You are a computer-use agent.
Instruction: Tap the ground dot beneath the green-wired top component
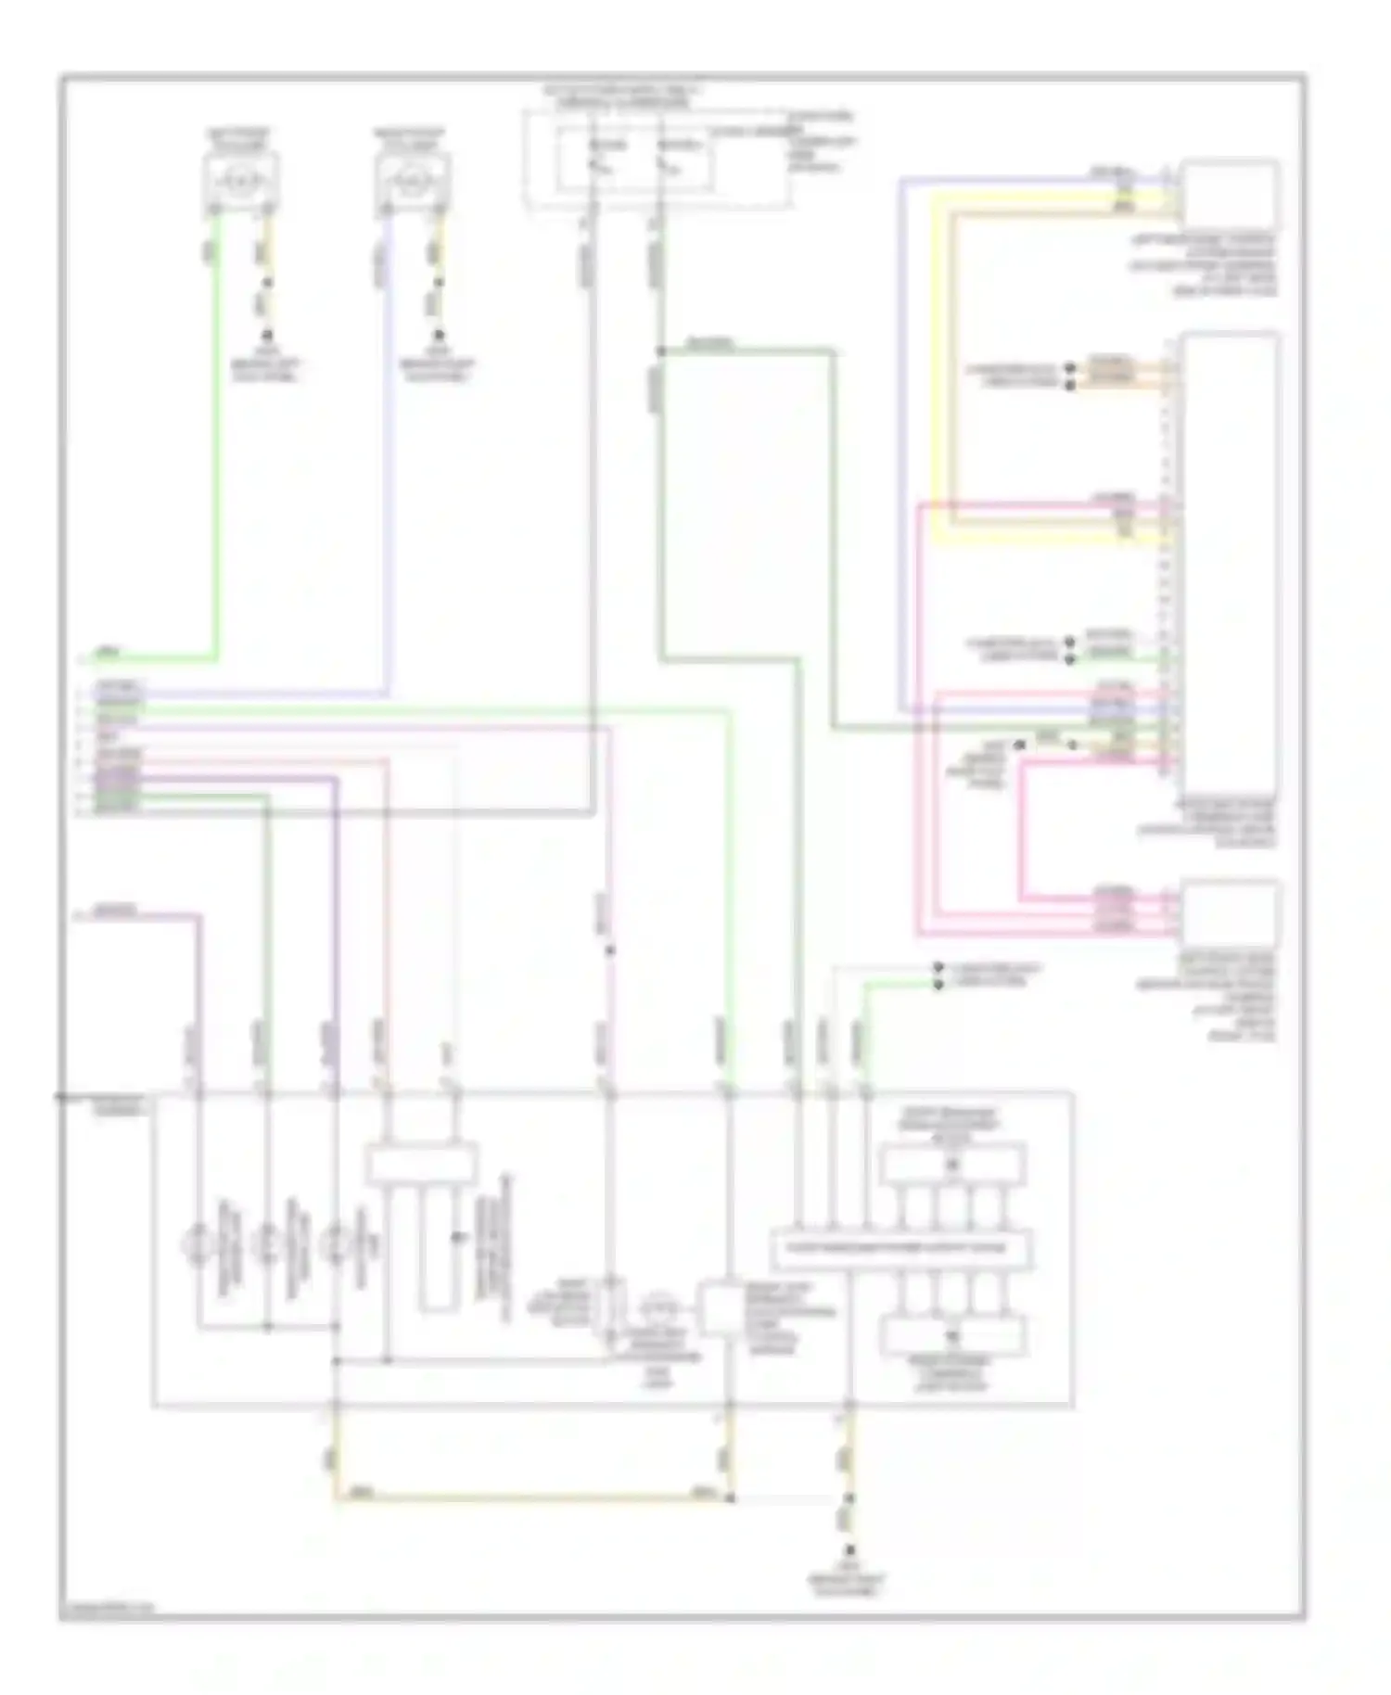[x=267, y=334]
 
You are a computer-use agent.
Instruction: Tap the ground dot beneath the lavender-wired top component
[x=439, y=334]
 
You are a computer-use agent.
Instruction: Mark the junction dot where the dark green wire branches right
[x=660, y=351]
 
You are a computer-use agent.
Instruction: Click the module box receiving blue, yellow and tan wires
[x=1229, y=195]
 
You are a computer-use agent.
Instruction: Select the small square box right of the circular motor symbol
[x=719, y=1309]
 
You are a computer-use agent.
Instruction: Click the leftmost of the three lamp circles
[x=198, y=1243]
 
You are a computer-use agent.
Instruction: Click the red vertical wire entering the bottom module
[x=387, y=927]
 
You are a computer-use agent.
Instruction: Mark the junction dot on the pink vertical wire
[x=609, y=950]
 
